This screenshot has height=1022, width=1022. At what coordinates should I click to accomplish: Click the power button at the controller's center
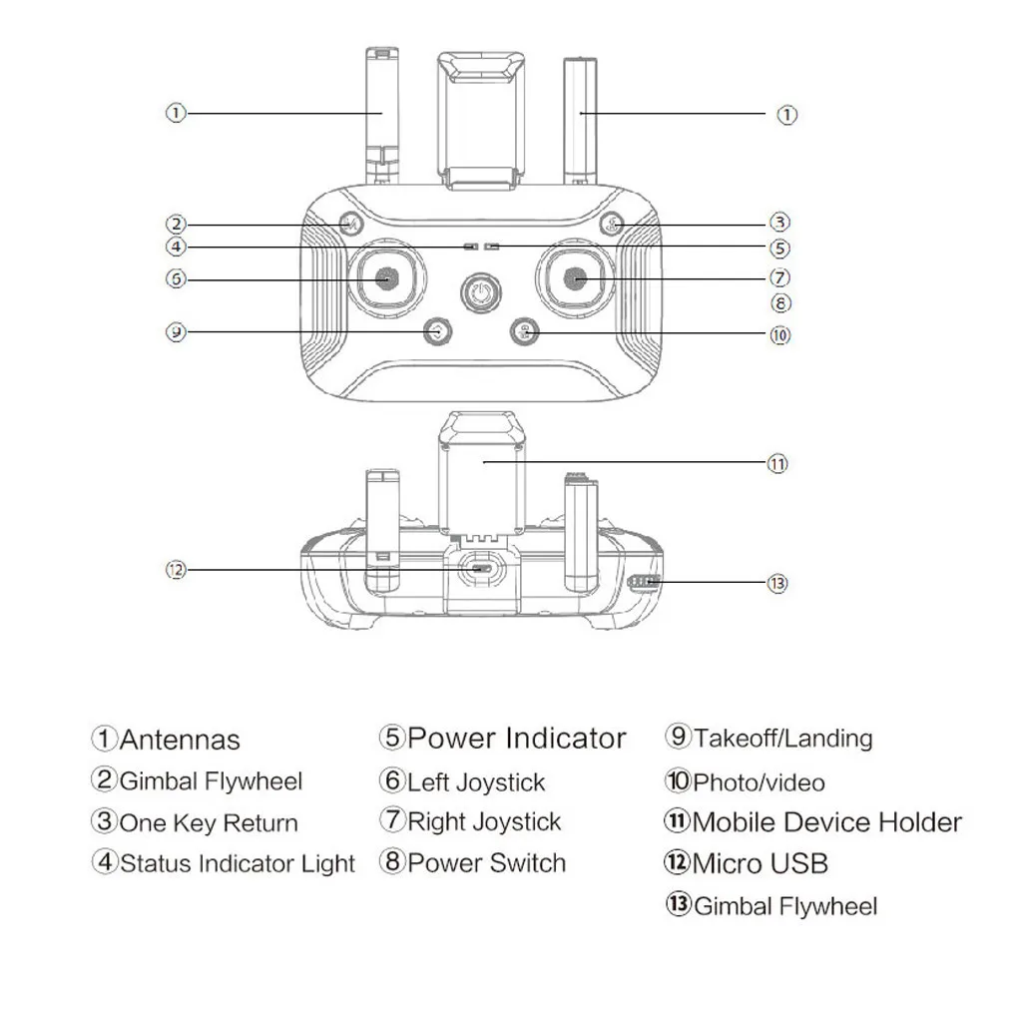click(x=481, y=295)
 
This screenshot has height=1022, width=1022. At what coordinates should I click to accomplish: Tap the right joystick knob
click(x=578, y=279)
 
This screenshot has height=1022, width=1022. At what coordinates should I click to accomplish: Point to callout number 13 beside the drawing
click(x=778, y=583)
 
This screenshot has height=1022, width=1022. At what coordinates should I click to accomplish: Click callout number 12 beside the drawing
click(x=176, y=570)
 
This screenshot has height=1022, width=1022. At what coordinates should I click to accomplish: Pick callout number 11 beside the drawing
click(x=777, y=463)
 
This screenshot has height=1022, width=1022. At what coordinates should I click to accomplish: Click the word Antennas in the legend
click(x=180, y=740)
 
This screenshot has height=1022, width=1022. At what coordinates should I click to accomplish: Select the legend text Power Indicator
click(x=517, y=739)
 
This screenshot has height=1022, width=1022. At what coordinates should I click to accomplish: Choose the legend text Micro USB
click(x=760, y=863)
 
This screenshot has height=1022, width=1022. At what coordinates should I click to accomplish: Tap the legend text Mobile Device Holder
click(x=826, y=822)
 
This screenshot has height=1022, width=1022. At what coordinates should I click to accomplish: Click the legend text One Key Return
click(x=209, y=823)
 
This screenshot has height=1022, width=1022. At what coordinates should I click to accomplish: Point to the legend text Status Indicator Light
click(x=238, y=863)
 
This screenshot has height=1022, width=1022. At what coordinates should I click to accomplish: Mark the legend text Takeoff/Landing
click(x=783, y=739)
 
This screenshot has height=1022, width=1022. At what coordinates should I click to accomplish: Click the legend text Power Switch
click(x=486, y=863)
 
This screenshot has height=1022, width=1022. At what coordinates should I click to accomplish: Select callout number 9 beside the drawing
click(x=176, y=331)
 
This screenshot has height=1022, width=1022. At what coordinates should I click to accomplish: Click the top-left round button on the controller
click(x=349, y=224)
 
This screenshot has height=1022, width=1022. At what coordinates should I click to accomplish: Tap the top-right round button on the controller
click(x=612, y=224)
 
